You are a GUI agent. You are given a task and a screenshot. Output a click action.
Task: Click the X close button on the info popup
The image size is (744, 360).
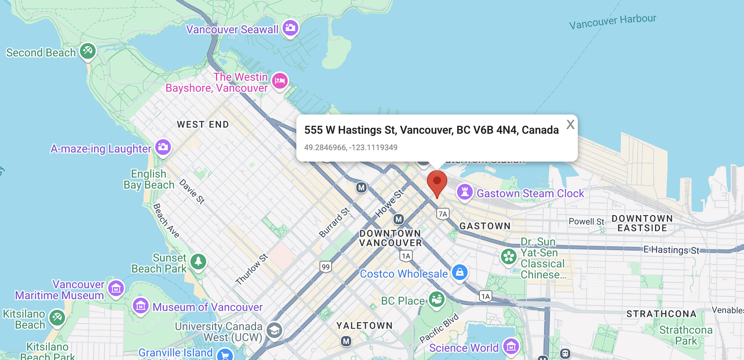tap(570, 125)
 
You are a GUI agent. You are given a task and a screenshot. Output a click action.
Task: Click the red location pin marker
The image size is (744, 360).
tap(437, 182)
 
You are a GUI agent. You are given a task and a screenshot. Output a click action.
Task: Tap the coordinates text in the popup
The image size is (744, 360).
tap(350, 147)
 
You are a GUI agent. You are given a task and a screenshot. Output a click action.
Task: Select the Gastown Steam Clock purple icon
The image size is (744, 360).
tap(465, 192)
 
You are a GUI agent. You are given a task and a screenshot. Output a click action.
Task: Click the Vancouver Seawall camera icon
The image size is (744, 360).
tap(290, 28)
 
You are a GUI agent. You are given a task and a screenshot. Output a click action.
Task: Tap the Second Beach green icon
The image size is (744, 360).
tap(88, 51)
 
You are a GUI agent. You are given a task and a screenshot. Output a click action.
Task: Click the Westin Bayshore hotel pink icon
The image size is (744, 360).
tap(280, 81)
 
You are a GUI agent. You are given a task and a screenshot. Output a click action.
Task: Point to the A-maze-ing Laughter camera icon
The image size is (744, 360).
tap(163, 147)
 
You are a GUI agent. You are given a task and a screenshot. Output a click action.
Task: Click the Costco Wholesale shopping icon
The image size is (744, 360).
tap(459, 272)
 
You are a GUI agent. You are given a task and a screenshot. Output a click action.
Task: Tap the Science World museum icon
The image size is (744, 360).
tap(511, 346)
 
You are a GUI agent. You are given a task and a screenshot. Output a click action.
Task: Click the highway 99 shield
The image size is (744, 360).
tap(326, 267)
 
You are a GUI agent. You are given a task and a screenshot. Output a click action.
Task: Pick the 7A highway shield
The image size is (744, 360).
tap(443, 214)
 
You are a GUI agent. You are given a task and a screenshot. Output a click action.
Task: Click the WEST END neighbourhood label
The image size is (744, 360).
tap(203, 125)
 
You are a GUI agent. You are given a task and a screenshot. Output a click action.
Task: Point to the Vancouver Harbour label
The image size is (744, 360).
tap(612, 22)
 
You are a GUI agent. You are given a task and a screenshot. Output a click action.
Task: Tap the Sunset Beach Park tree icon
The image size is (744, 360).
tap(198, 261)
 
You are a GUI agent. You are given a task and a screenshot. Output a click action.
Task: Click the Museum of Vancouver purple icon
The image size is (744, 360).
tap(140, 305)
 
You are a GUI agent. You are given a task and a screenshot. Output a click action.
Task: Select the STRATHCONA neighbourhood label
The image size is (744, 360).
tap(661, 314)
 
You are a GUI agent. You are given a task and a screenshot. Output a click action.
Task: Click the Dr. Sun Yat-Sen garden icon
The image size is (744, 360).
tap(509, 257)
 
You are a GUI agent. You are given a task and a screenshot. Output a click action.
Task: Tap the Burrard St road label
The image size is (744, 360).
tap(334, 223)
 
